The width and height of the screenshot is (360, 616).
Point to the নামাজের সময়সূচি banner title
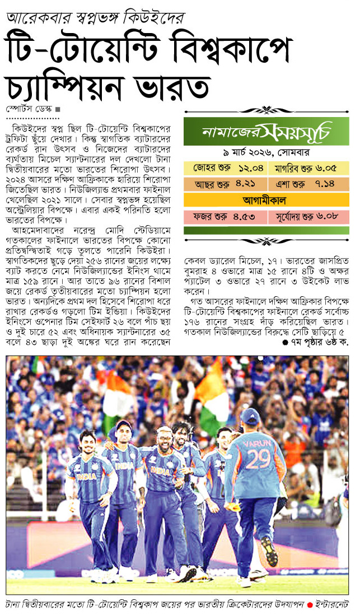click(266, 132)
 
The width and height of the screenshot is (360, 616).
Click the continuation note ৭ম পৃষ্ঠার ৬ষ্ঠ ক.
click(316, 343)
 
